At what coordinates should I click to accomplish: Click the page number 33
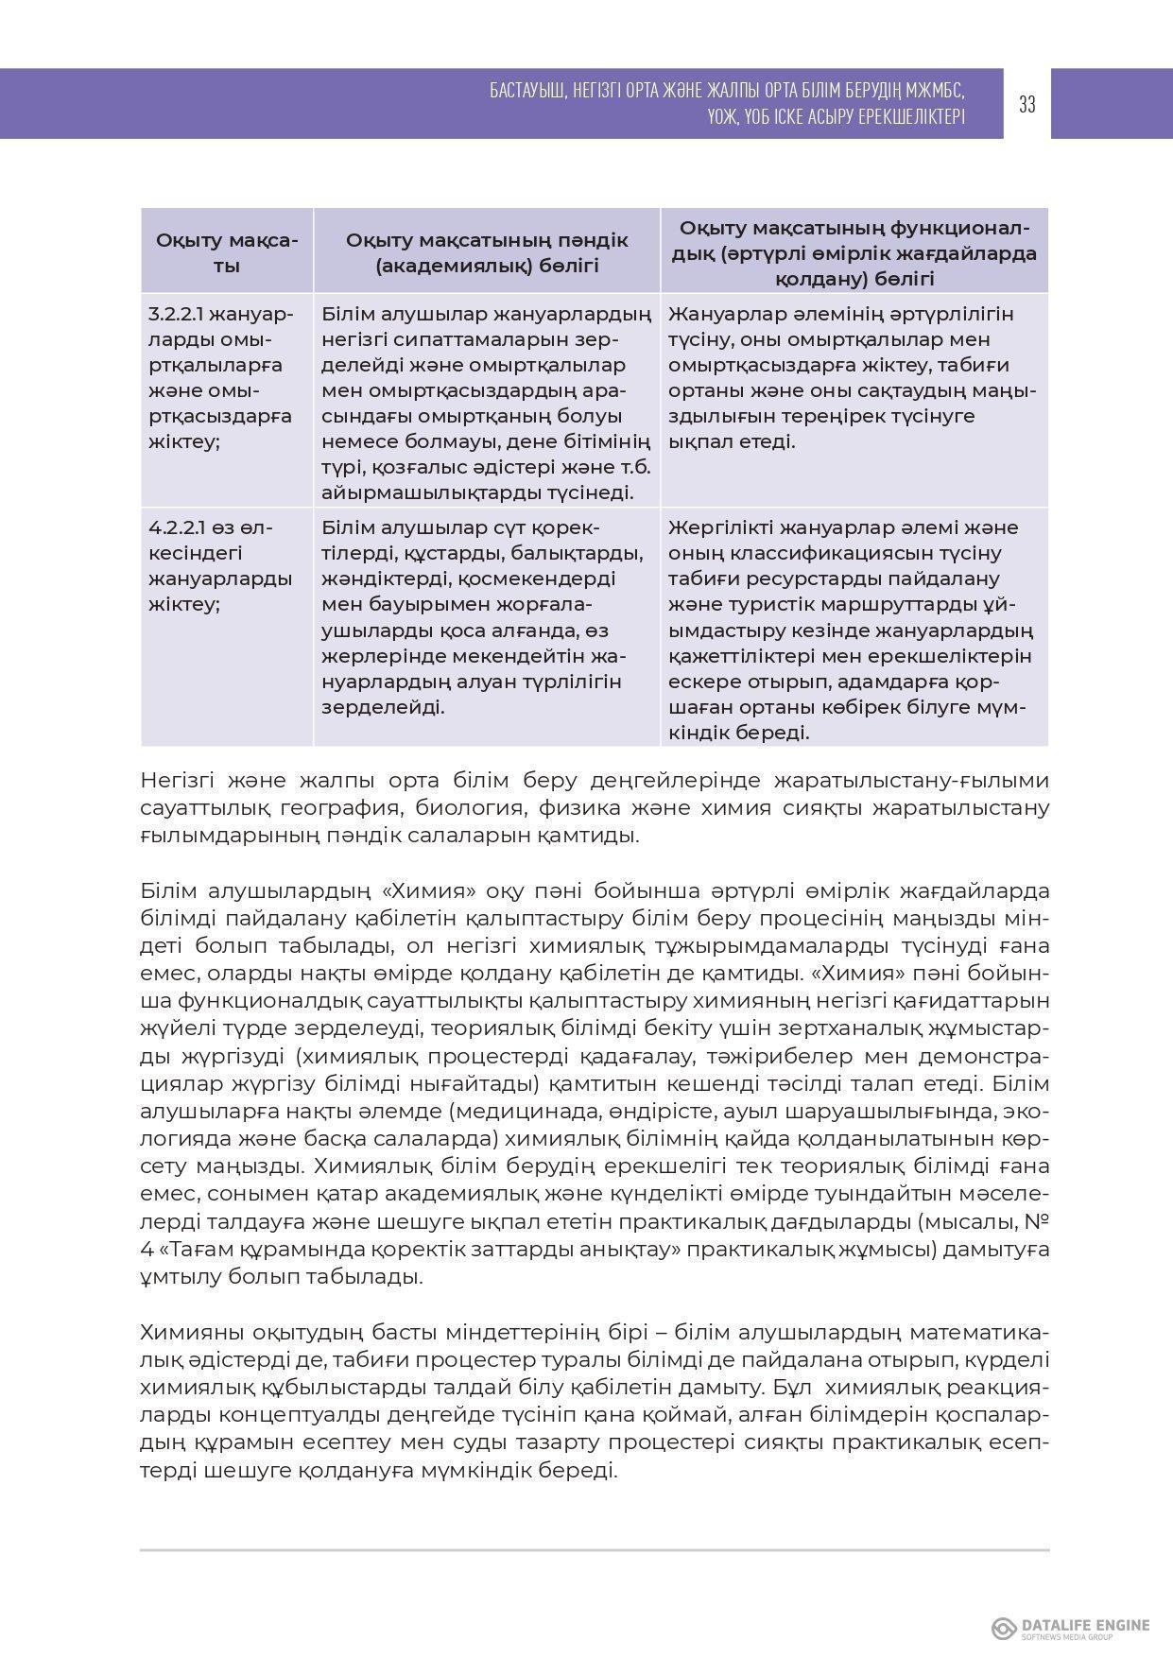pyautogui.click(x=1027, y=104)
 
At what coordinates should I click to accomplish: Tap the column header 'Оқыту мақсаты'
pyautogui.click(x=227, y=251)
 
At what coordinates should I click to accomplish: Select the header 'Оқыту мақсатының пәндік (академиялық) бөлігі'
pyautogui.click(x=487, y=252)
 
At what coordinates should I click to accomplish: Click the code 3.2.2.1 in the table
pyautogui.click(x=179, y=314)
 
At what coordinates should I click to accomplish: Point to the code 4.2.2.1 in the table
pyautogui.click(x=180, y=527)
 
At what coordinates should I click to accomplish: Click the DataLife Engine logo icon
pyautogui.click(x=1003, y=1628)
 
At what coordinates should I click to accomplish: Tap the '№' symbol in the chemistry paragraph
pyautogui.click(x=1038, y=1222)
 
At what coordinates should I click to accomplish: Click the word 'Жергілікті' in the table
pyautogui.click(x=717, y=527)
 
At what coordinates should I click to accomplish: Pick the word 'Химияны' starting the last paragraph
pyautogui.click(x=193, y=1333)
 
